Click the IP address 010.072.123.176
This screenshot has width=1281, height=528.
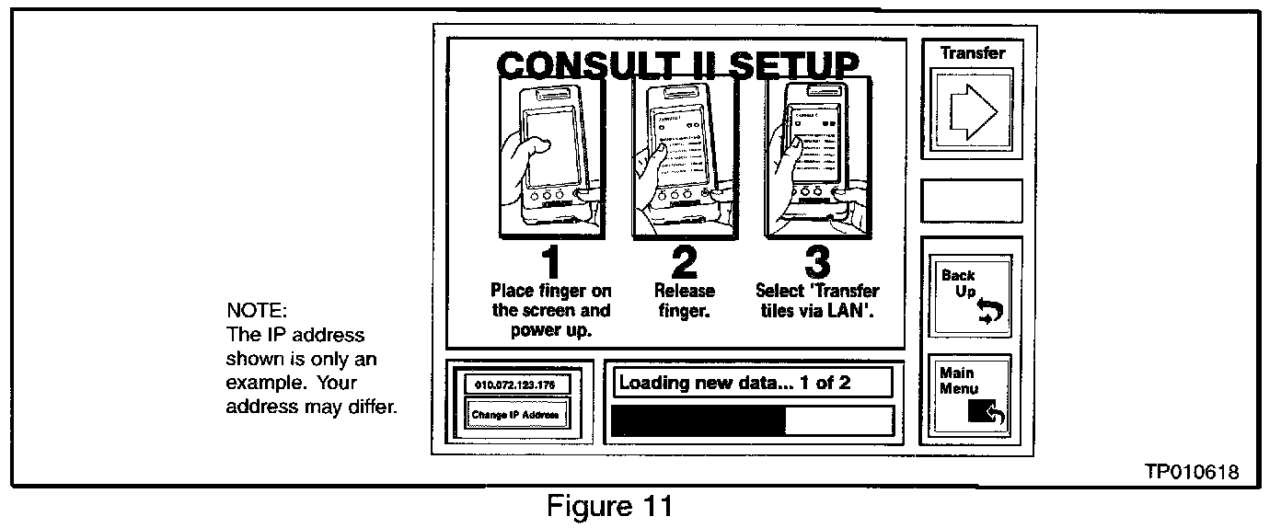tap(516, 385)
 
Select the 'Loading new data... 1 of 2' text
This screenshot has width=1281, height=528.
tap(734, 383)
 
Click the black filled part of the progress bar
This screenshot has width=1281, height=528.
tap(699, 419)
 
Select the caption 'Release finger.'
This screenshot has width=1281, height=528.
tap(684, 300)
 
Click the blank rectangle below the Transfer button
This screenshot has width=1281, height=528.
tap(971, 200)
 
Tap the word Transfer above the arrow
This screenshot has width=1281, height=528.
tap(972, 53)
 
